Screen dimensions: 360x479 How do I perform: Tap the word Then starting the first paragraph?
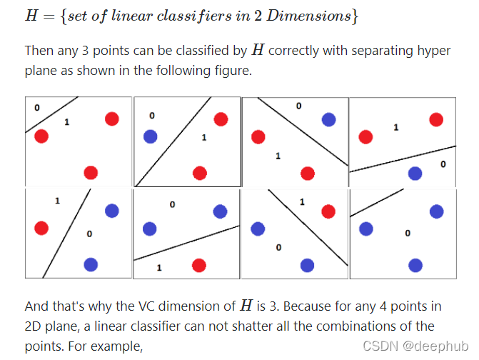point(39,51)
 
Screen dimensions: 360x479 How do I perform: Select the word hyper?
point(438,51)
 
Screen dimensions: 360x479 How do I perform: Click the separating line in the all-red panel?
point(51,114)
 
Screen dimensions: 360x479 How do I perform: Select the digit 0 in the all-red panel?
point(36,108)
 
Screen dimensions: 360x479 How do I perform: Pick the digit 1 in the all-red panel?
point(66,122)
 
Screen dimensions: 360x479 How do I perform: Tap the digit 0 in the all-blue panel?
point(407,233)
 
